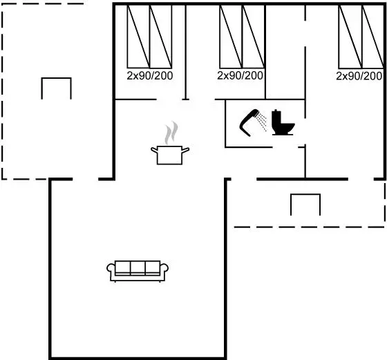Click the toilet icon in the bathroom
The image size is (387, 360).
[x=283, y=122]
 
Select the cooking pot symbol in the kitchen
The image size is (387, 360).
[x=170, y=155]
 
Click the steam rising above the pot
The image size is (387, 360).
[x=171, y=133]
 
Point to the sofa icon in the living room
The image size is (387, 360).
[x=138, y=271]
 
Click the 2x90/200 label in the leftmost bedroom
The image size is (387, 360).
[x=149, y=76]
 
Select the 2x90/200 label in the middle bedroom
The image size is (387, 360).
[x=240, y=75]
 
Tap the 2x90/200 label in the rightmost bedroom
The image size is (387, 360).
[x=359, y=76]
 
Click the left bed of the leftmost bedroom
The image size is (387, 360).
[x=138, y=37]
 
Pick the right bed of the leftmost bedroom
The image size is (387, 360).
[x=160, y=37]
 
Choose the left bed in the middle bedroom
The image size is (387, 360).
[x=231, y=37]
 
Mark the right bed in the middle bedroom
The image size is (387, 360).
[x=254, y=37]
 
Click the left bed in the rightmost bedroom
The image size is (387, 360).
[x=350, y=37]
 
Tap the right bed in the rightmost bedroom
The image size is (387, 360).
[x=373, y=37]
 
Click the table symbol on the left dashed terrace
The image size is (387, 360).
[x=56, y=79]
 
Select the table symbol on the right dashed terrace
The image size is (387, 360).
[x=305, y=195]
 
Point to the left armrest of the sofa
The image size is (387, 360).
[x=111, y=269]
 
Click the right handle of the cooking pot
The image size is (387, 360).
[x=185, y=149]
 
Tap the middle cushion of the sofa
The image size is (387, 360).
[x=138, y=267]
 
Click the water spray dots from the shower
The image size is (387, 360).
[x=261, y=122]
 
